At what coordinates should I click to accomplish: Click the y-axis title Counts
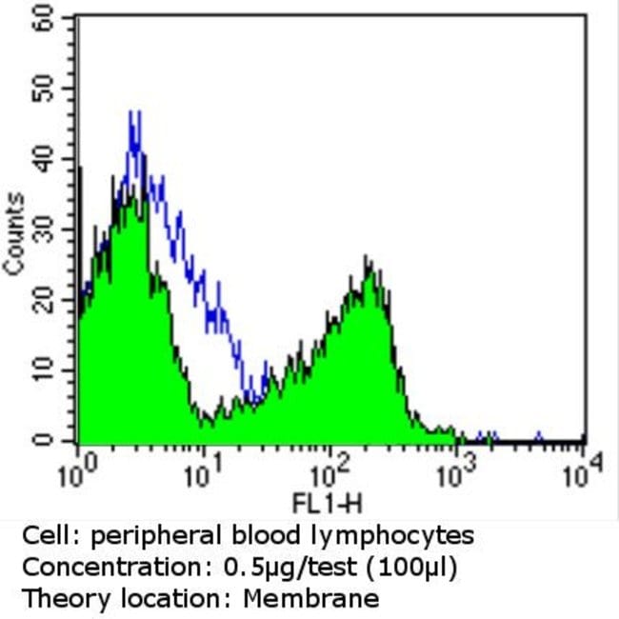click(x=14, y=233)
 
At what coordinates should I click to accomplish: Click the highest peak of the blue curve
click(x=134, y=113)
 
